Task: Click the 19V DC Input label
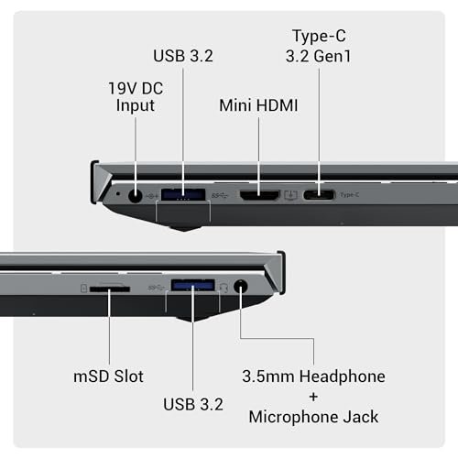pos(136,97)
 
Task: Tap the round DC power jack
pos(135,195)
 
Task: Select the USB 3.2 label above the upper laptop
pos(183,56)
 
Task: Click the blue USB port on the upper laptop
pos(183,194)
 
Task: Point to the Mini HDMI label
pos(258,105)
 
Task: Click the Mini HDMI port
pos(259,195)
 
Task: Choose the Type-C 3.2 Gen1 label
pos(319,46)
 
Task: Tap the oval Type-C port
pos(319,195)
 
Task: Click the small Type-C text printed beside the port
pos(350,195)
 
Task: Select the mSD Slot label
pos(108,376)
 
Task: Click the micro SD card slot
pos(110,289)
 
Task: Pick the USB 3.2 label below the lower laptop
pos(193,404)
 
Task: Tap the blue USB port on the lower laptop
pos(193,285)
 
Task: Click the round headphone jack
pos(241,287)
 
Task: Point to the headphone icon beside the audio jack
pos(224,288)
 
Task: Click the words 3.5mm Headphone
pos(313,376)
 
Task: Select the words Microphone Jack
pos(313,417)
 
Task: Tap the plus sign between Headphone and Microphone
pos(313,397)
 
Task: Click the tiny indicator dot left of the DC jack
pos(118,193)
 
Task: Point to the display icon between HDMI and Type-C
pos(291,195)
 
